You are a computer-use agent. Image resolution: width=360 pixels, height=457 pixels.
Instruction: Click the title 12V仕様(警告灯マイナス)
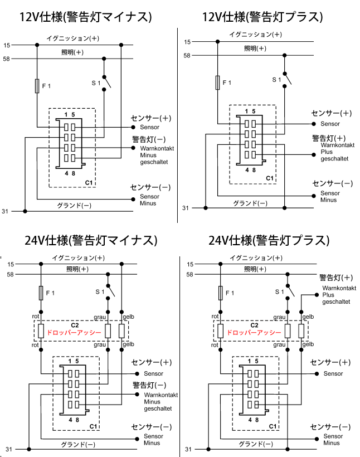coord(85,17)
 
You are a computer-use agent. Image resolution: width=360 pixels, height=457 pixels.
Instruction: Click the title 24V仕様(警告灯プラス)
coord(269,241)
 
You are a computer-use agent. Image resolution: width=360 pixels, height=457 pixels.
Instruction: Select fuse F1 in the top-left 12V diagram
coord(37,86)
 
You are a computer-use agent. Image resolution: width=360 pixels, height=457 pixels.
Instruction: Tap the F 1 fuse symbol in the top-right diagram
coord(217,82)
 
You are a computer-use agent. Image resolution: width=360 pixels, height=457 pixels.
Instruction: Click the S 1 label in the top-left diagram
coord(96,83)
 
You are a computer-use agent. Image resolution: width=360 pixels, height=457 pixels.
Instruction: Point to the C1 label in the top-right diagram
coord(270,178)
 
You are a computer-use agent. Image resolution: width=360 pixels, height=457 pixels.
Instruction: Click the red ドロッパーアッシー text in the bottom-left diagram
coord(74,333)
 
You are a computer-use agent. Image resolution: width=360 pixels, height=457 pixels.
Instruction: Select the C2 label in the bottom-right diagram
coord(254,325)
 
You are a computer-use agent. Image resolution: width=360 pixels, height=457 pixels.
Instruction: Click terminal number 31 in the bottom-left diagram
coord(9,449)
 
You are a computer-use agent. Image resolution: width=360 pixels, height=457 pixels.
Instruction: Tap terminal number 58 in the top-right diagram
coord(187,55)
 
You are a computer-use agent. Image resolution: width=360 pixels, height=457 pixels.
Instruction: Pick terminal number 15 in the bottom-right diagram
coord(190,264)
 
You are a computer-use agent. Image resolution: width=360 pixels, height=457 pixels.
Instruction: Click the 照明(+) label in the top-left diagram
coord(72,52)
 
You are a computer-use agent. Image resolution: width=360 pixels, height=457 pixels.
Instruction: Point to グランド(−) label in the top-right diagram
coord(250,203)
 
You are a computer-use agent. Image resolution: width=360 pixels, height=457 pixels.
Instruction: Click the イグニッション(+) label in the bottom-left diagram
coord(78,257)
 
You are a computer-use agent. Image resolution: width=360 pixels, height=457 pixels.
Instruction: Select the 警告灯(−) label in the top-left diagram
coord(149,139)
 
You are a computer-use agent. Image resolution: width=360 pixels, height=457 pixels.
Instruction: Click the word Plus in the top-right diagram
coord(327,152)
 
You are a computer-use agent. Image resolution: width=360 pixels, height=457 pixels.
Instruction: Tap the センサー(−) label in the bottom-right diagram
coord(330,427)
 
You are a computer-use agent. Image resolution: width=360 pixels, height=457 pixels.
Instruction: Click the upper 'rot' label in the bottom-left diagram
coord(35,317)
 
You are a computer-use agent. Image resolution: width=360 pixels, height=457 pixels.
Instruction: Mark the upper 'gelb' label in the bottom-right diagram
coord(308,317)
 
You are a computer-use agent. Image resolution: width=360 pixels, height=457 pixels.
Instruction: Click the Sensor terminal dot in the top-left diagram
coord(133,127)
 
